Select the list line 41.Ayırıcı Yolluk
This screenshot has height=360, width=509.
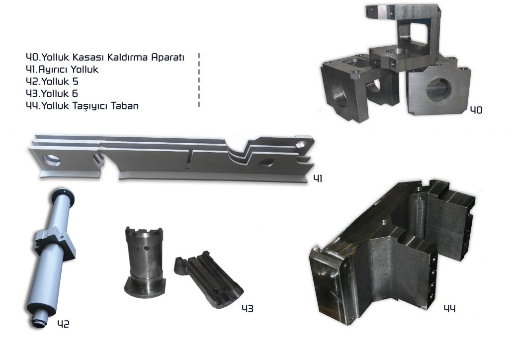(x=62, y=70)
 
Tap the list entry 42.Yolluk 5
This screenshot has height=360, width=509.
(x=52, y=82)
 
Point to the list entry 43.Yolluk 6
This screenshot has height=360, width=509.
(x=52, y=93)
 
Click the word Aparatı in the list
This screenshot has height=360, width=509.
(x=168, y=57)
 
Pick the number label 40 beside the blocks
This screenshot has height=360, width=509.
(x=476, y=110)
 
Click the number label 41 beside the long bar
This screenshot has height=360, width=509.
(x=318, y=178)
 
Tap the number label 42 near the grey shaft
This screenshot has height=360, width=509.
(x=63, y=324)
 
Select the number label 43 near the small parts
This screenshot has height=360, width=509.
(x=248, y=308)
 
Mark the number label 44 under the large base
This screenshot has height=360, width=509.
(x=449, y=308)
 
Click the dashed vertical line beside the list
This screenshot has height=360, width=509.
(x=199, y=80)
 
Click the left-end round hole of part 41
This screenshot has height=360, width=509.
(x=52, y=160)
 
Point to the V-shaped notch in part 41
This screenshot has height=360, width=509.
(x=239, y=153)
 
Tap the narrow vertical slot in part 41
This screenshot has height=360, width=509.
(x=189, y=159)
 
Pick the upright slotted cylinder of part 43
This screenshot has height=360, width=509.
(x=145, y=262)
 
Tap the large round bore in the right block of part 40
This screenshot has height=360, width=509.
(x=438, y=90)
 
